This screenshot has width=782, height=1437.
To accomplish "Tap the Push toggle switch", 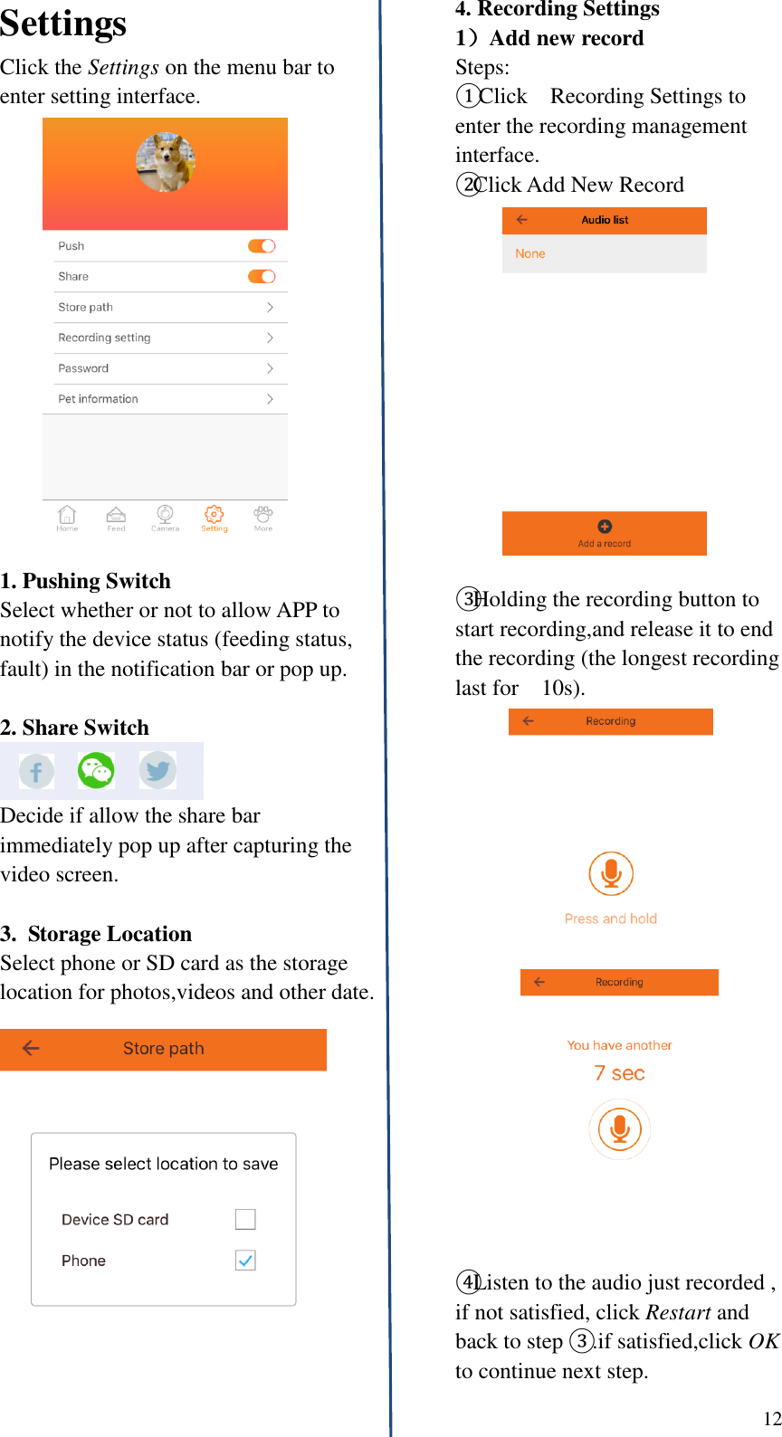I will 262,246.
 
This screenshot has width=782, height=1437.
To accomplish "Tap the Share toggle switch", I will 262,277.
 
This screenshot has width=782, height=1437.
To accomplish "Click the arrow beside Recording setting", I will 270,338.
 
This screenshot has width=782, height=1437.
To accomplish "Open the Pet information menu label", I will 98,399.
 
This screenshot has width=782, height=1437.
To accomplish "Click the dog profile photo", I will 166,162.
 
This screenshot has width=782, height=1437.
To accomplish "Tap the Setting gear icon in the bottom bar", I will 214,515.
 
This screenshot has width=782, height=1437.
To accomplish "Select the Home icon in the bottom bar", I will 67,515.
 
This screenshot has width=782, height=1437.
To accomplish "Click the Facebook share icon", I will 36,772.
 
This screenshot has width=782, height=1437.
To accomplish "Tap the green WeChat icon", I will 96,771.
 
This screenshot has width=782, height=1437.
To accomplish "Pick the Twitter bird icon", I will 157,771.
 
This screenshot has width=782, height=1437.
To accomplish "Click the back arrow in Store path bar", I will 31,1048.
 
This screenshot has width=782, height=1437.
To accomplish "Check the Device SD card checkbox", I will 245,1219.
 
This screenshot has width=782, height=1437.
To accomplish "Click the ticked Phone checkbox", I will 245,1260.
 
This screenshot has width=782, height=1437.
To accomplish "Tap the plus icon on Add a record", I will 605,527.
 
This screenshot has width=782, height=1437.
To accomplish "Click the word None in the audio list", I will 530,254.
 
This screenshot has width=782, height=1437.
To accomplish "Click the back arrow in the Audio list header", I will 522,220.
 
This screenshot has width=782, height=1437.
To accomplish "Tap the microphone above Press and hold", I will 611,873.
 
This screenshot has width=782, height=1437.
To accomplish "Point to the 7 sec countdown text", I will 619,1073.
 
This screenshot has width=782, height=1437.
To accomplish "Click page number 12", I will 771,1419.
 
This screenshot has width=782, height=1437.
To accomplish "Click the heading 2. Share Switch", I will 75,728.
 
